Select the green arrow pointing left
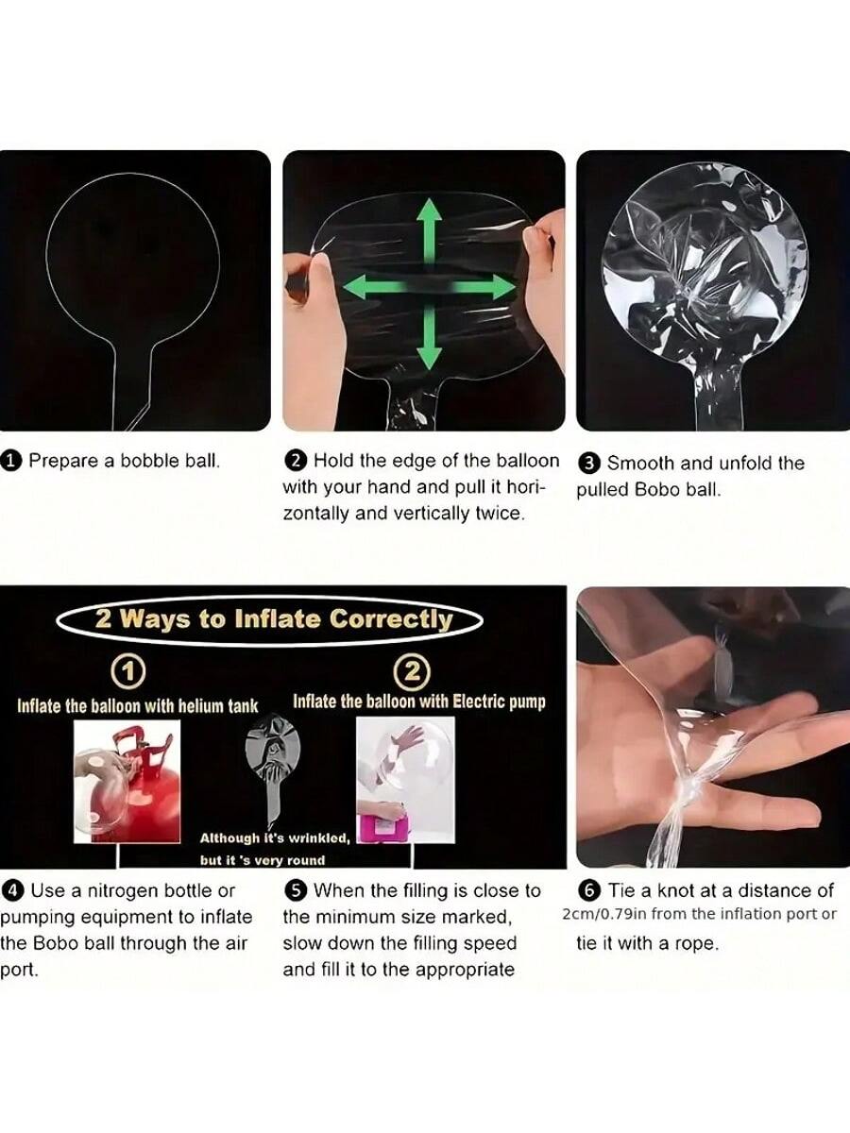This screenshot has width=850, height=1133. pos(376,286)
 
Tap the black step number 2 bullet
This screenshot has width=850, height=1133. pos(297,461)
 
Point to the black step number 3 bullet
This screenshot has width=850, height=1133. pos(589,464)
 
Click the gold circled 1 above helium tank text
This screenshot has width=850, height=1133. pos(129,671)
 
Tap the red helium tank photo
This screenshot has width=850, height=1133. pos(127,782)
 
